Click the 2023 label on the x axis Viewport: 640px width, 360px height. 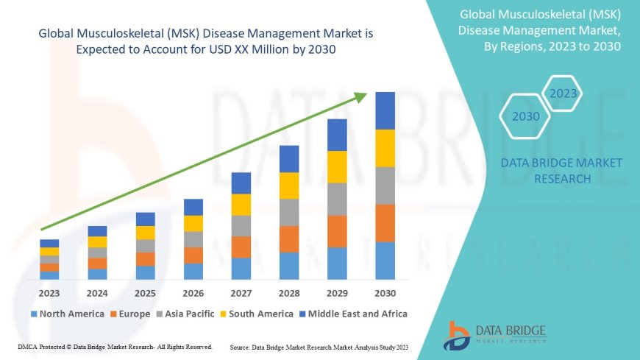[x=49, y=293]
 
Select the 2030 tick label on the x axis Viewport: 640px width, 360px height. [x=385, y=293]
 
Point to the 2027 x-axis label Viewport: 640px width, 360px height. [x=241, y=293]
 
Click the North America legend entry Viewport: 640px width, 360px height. [x=68, y=314]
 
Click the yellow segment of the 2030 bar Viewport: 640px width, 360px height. [x=385, y=148]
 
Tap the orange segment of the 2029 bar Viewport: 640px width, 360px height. [x=337, y=231]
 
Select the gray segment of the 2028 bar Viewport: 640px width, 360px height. [x=289, y=212]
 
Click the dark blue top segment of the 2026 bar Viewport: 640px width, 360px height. [x=193, y=207]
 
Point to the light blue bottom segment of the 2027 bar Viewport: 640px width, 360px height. [x=241, y=268]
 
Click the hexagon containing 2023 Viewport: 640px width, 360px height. [x=563, y=93]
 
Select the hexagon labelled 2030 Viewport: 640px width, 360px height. [x=526, y=116]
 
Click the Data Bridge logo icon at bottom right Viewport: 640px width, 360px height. [x=457, y=335]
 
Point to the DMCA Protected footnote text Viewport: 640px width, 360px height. [x=114, y=347]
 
